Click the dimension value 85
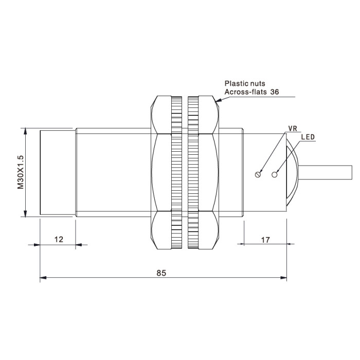(161, 273)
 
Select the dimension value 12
(59, 240)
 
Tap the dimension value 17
(265, 240)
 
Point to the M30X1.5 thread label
(21, 172)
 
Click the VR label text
(293, 129)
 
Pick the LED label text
(308, 137)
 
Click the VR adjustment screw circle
(258, 174)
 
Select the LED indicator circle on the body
(274, 174)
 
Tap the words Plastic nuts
(245, 83)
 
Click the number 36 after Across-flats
(275, 92)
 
